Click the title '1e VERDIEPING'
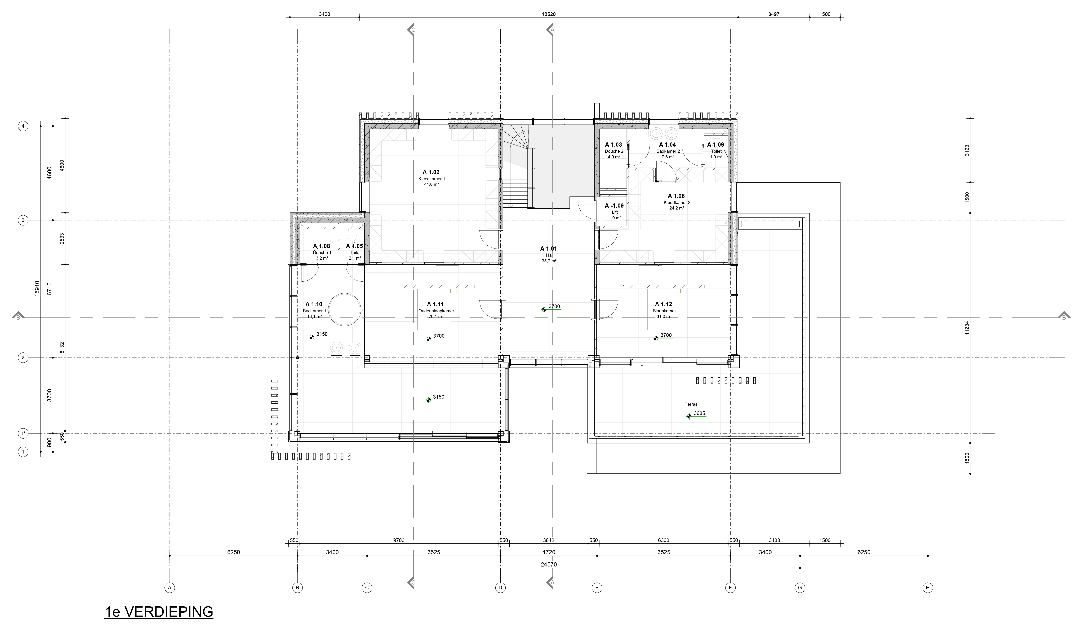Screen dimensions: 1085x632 click(x=159, y=612)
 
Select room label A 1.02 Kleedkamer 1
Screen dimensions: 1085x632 click(x=431, y=178)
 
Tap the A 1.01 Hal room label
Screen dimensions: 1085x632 click(x=549, y=254)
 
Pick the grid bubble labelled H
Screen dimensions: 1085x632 click(x=928, y=588)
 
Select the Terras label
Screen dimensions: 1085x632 click(x=691, y=404)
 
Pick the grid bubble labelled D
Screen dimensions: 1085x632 click(x=500, y=588)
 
